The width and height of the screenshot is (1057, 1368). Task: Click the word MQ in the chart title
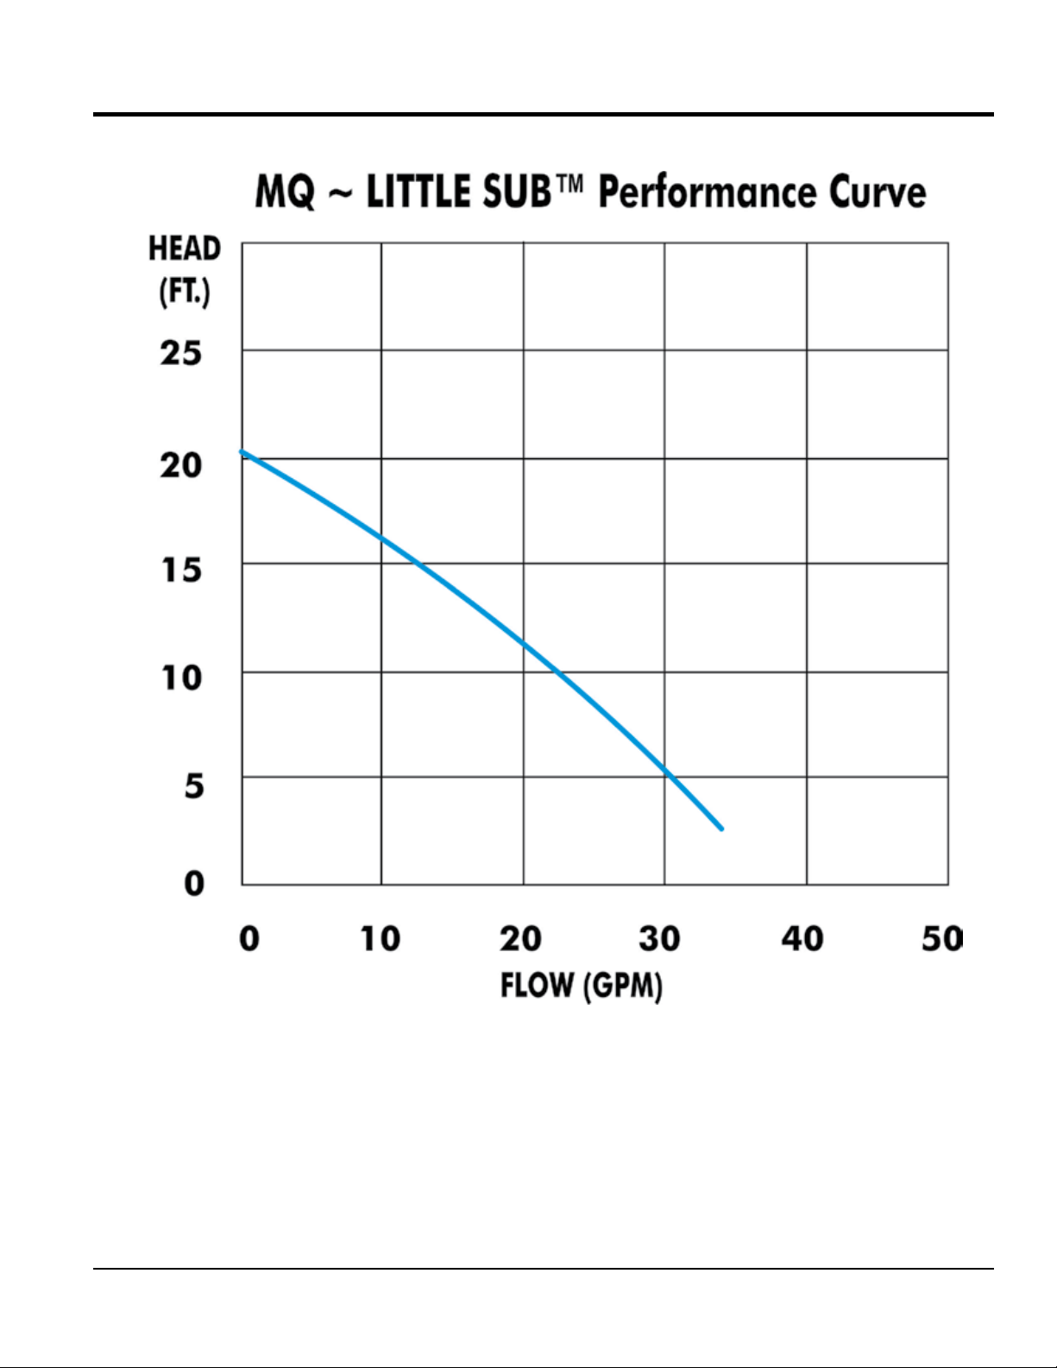pos(286,192)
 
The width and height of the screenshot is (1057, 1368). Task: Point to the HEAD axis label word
pos(185,249)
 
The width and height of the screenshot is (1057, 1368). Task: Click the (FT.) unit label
pos(185,293)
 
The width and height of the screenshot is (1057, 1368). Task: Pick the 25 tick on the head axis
pos(181,353)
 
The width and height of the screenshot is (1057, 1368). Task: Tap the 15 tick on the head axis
pos(181,570)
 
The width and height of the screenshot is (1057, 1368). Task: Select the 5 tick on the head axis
pos(194,785)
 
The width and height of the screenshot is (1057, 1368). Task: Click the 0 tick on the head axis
pos(194,883)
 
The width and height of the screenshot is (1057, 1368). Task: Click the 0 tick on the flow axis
pos(249,938)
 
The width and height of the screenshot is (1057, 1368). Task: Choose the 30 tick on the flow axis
pos(660,938)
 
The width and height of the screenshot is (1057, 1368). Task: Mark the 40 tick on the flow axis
pos(802,938)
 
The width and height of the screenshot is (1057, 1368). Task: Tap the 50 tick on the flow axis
pos(941,938)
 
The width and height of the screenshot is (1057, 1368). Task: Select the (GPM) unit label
pos(623,986)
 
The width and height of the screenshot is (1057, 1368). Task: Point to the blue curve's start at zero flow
pos(242,451)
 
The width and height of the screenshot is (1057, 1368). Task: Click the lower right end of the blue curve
pos(721,829)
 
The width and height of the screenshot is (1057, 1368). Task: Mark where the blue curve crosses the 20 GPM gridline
pos(523,642)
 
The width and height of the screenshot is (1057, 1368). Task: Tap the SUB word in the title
pos(517,192)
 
